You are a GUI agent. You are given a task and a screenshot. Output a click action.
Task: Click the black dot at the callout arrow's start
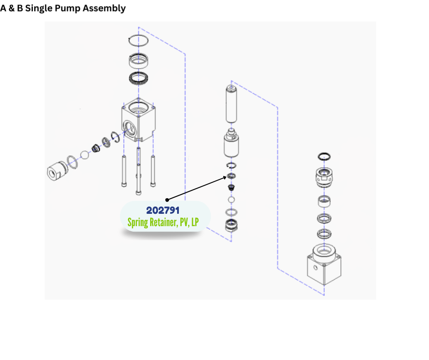167,200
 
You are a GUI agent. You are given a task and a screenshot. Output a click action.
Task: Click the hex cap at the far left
57,171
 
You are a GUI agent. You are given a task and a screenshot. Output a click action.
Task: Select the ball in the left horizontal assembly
84,155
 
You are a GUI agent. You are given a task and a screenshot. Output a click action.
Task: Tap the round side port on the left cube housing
129,126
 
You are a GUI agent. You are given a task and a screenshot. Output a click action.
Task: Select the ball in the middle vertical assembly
231,200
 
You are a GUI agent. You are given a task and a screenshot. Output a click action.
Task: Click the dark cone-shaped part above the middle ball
231,188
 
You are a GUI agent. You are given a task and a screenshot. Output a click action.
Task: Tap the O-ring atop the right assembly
324,157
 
